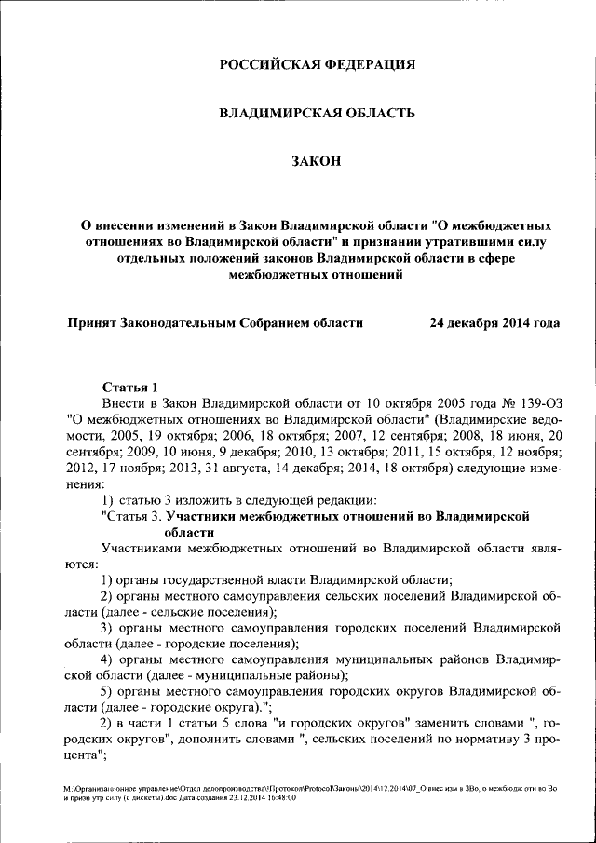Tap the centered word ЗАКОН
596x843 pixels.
pos(317,162)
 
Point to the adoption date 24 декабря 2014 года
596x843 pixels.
pos(494,323)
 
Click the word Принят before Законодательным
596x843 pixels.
pos(92,323)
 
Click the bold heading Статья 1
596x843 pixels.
pos(130,387)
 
